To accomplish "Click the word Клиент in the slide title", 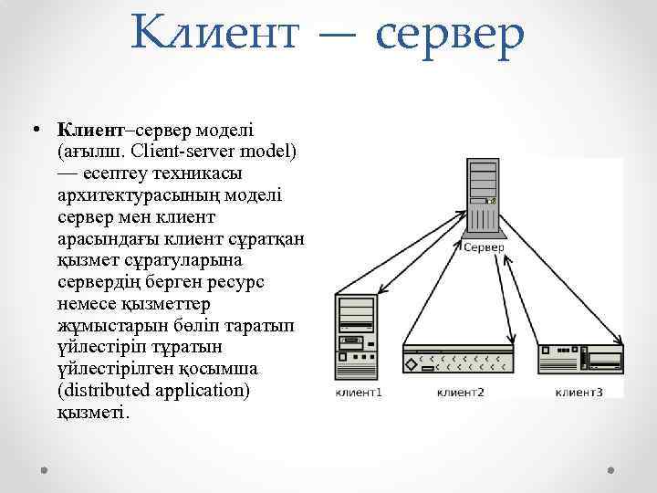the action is pyautogui.click(x=214, y=34).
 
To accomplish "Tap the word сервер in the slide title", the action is pyautogui.click(x=449, y=34).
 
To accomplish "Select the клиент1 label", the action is pyautogui.click(x=359, y=393).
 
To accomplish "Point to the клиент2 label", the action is pyautogui.click(x=460, y=393).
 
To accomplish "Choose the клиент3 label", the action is pyautogui.click(x=579, y=393).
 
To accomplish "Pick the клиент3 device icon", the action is pyautogui.click(x=580, y=356).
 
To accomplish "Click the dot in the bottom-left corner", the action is pyautogui.click(x=45, y=467).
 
